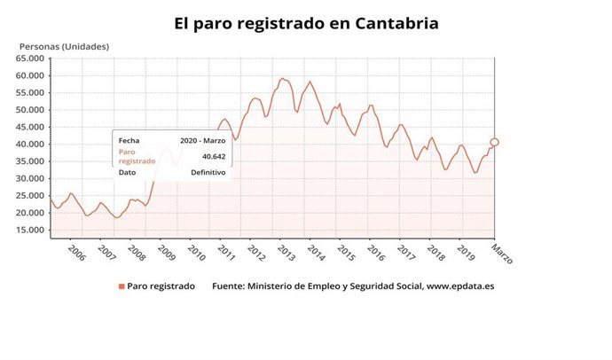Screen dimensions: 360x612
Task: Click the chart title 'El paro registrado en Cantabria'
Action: pyautogui.click(x=306, y=23)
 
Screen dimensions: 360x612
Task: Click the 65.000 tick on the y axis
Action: pyautogui.click(x=29, y=59)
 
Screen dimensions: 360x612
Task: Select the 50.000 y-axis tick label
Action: pyautogui.click(x=29, y=110)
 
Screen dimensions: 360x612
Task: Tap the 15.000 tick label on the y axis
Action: pyautogui.click(x=29, y=231)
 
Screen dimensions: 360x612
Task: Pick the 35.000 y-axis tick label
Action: pyautogui.click(x=29, y=161)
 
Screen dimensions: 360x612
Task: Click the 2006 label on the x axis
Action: pyautogui.click(x=76, y=253)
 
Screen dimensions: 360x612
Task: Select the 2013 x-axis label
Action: pyautogui.click(x=287, y=253)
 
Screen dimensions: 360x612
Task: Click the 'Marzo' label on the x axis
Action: pyautogui.click(x=502, y=254)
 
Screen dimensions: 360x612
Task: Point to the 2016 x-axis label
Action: pyautogui.click(x=377, y=253)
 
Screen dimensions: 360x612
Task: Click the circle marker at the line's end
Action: pyautogui.click(x=494, y=142)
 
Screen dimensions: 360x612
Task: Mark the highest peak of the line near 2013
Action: pyautogui.click(x=282, y=78)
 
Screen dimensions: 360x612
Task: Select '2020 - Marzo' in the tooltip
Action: pyautogui.click(x=202, y=140)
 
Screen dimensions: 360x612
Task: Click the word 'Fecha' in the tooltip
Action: pyautogui.click(x=129, y=140)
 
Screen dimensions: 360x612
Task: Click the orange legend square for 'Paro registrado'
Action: pyautogui.click(x=121, y=287)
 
